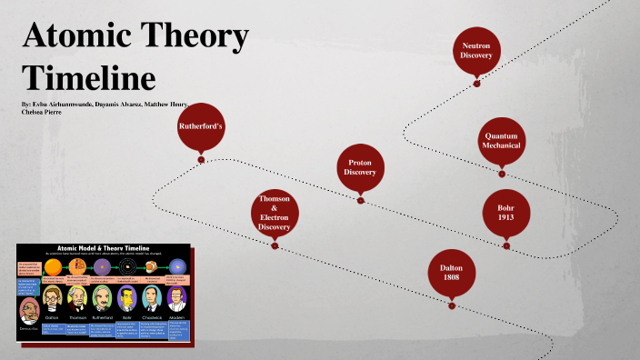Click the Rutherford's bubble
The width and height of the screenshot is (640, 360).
201,125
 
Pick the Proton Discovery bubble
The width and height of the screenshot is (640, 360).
360,166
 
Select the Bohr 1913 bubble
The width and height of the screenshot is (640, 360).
506,213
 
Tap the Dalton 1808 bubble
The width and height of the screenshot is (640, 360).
452,274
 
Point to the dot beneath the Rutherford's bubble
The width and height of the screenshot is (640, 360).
201,160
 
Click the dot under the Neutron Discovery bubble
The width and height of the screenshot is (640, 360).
476,84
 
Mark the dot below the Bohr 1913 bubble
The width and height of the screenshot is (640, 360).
506,245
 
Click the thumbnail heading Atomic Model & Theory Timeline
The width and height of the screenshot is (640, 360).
103,247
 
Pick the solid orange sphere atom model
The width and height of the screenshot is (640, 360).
54,265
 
